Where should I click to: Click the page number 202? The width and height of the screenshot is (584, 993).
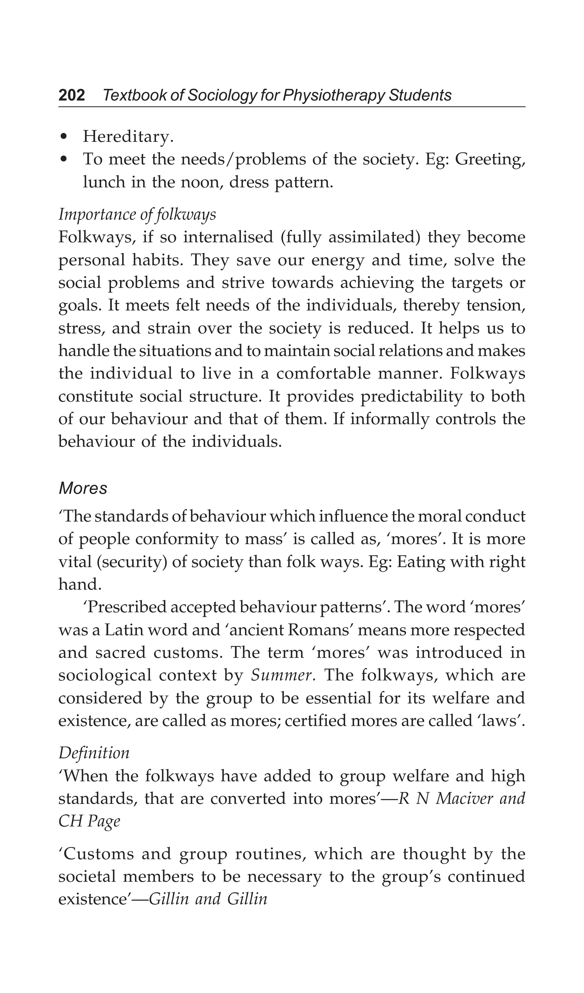pos(72,95)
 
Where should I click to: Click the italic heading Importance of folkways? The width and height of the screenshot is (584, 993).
pos(137,214)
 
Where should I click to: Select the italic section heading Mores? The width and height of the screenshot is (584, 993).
pos(83,488)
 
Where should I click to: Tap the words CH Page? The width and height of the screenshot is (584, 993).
pos(89,821)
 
